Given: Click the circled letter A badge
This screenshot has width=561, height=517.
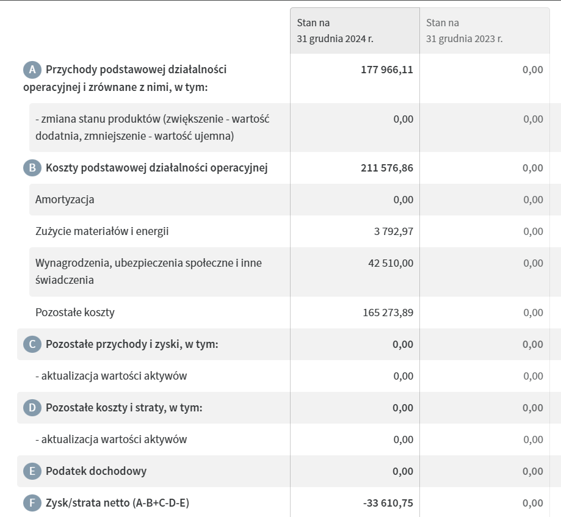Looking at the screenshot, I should pos(32,70).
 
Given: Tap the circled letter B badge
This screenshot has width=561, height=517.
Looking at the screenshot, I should pos(32,168).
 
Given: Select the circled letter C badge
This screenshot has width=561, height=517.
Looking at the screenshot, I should pos(32,344).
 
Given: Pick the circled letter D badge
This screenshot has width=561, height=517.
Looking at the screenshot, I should pos(32,408).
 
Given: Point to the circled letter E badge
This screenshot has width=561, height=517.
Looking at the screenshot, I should pos(32,471).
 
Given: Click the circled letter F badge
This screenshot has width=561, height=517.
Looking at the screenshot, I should pos(32,503).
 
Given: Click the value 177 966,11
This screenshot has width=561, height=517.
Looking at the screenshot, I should pos(387,70).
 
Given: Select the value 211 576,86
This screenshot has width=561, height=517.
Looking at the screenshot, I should pos(387,168).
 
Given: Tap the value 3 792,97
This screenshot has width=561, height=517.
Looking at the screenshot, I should pos(394,231).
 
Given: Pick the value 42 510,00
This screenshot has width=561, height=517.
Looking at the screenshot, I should pos(391,263).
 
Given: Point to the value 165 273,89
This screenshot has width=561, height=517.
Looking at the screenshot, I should pos(388,313).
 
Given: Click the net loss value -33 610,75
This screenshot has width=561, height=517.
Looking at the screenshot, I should pos(388,503).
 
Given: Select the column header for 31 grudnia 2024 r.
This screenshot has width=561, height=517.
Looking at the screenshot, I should pos(335,31).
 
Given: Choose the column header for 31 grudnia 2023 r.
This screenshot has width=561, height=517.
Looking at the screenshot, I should pos(465,31).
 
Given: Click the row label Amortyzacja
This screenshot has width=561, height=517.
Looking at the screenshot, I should pos(65,200).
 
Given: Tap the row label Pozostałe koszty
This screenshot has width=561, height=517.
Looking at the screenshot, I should pos(75,313).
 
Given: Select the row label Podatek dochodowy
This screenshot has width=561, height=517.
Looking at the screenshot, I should pos(96,471).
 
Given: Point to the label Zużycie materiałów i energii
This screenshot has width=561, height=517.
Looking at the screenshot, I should pos(102,231).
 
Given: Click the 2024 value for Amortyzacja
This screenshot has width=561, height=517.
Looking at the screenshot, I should pos(403,200).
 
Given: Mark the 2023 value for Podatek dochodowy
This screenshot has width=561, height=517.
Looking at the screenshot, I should pos(532,471).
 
